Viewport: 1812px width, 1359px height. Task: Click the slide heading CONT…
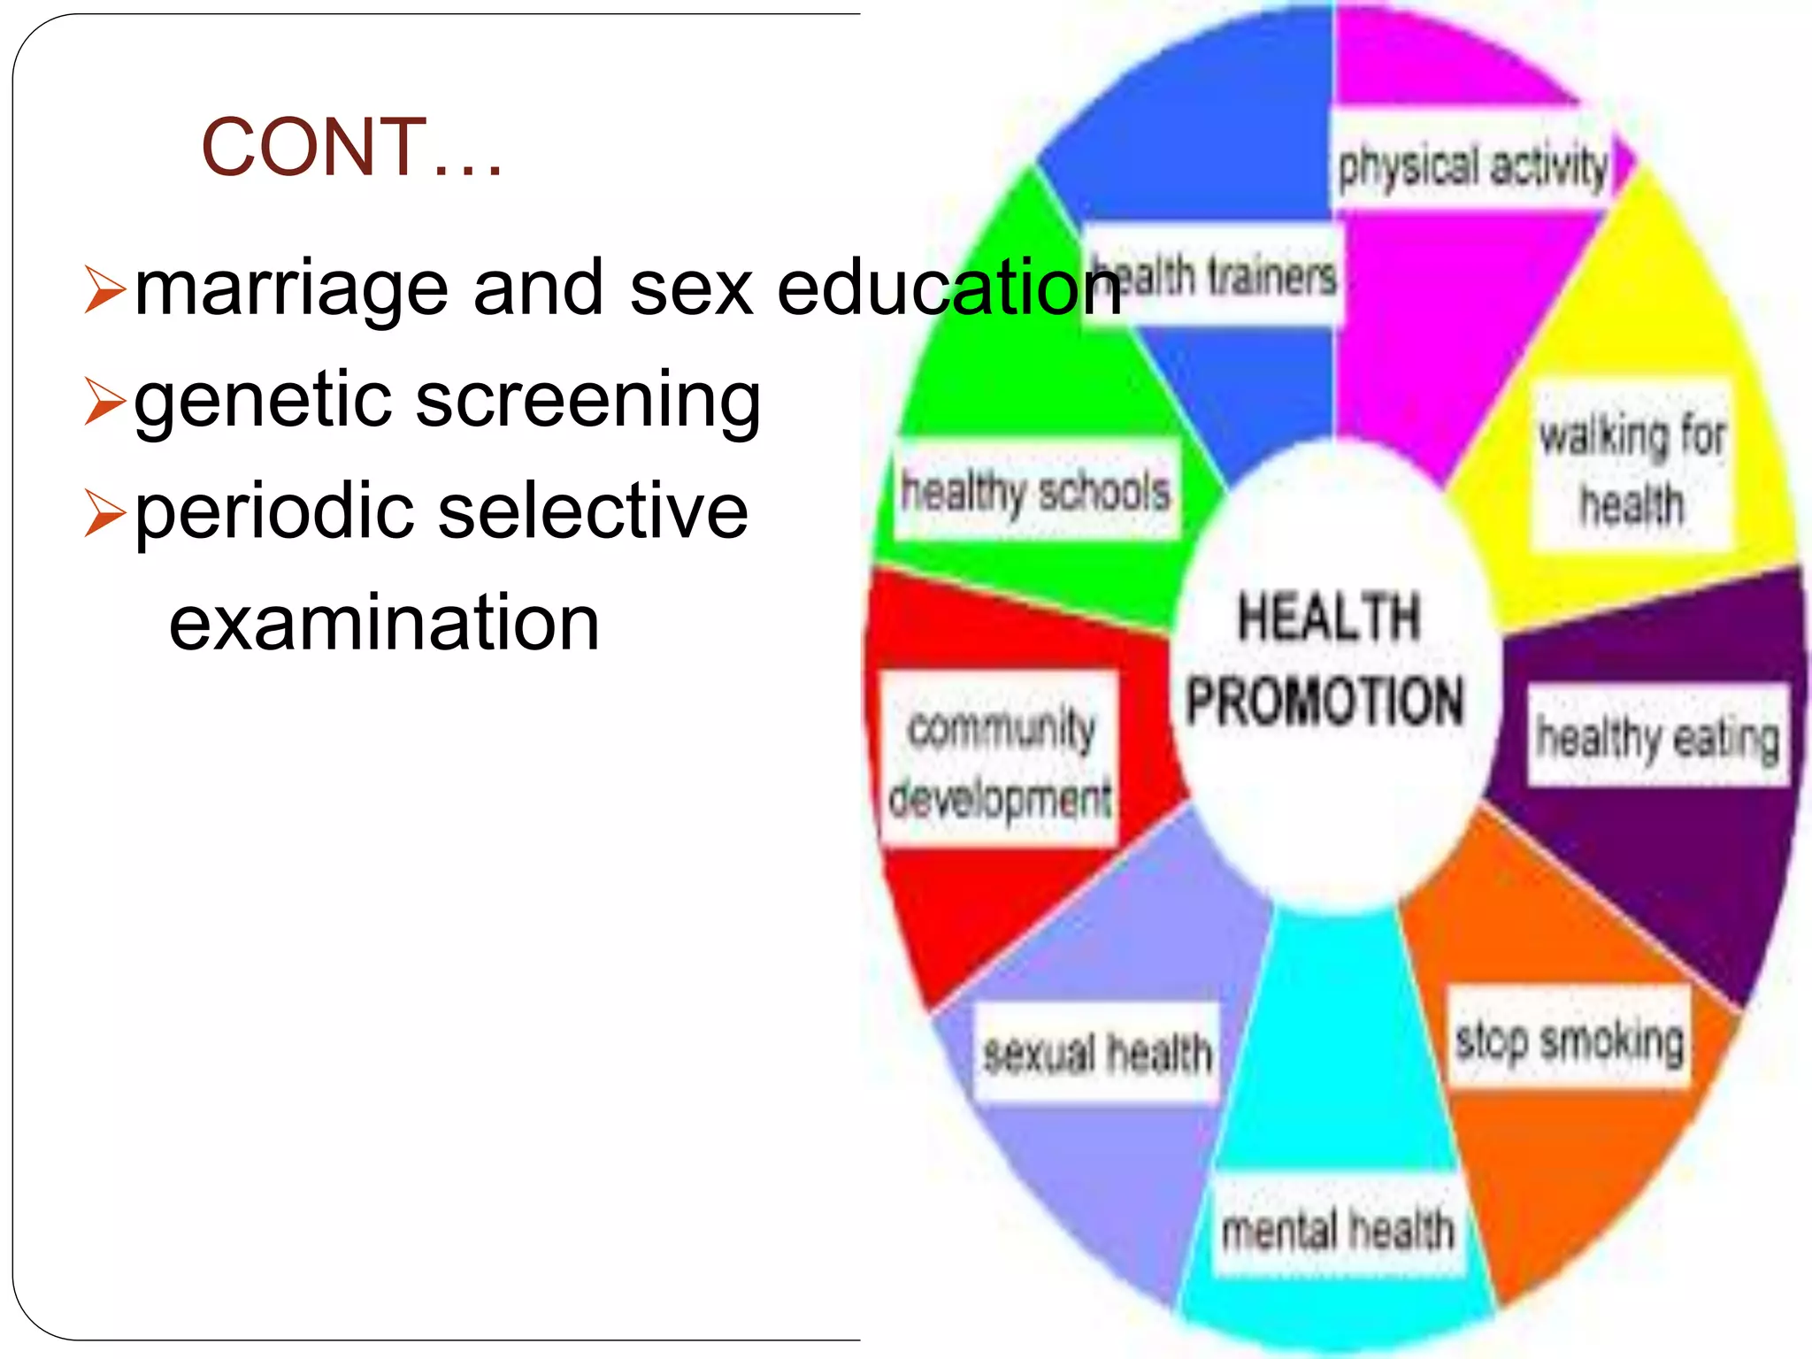pos(352,147)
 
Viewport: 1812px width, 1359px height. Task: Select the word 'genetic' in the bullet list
pos(264,400)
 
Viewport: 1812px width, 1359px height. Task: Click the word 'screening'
pos(588,400)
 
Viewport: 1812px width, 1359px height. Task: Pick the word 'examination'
pos(384,623)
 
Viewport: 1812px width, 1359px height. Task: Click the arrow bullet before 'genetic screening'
pos(105,401)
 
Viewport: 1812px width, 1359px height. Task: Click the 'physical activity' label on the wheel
pos(1472,165)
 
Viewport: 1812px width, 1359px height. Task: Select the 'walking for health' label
pos(1632,469)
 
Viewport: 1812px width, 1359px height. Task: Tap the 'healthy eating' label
pos(1657,736)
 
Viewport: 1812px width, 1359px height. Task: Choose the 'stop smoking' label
pos(1569,1039)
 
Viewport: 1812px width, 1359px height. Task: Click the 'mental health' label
pos(1338,1229)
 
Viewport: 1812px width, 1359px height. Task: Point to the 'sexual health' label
pos(1097,1053)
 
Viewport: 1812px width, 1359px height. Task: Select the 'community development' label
pos(1001,761)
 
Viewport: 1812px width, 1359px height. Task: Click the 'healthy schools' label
pos(1035,491)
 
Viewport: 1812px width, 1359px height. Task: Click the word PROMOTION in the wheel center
pos(1324,701)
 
